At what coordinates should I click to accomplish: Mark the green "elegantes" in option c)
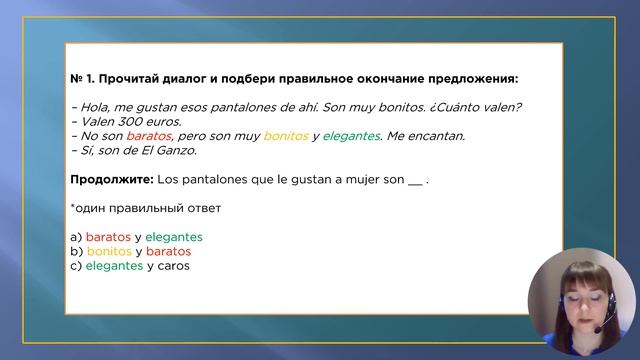click(114, 266)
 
